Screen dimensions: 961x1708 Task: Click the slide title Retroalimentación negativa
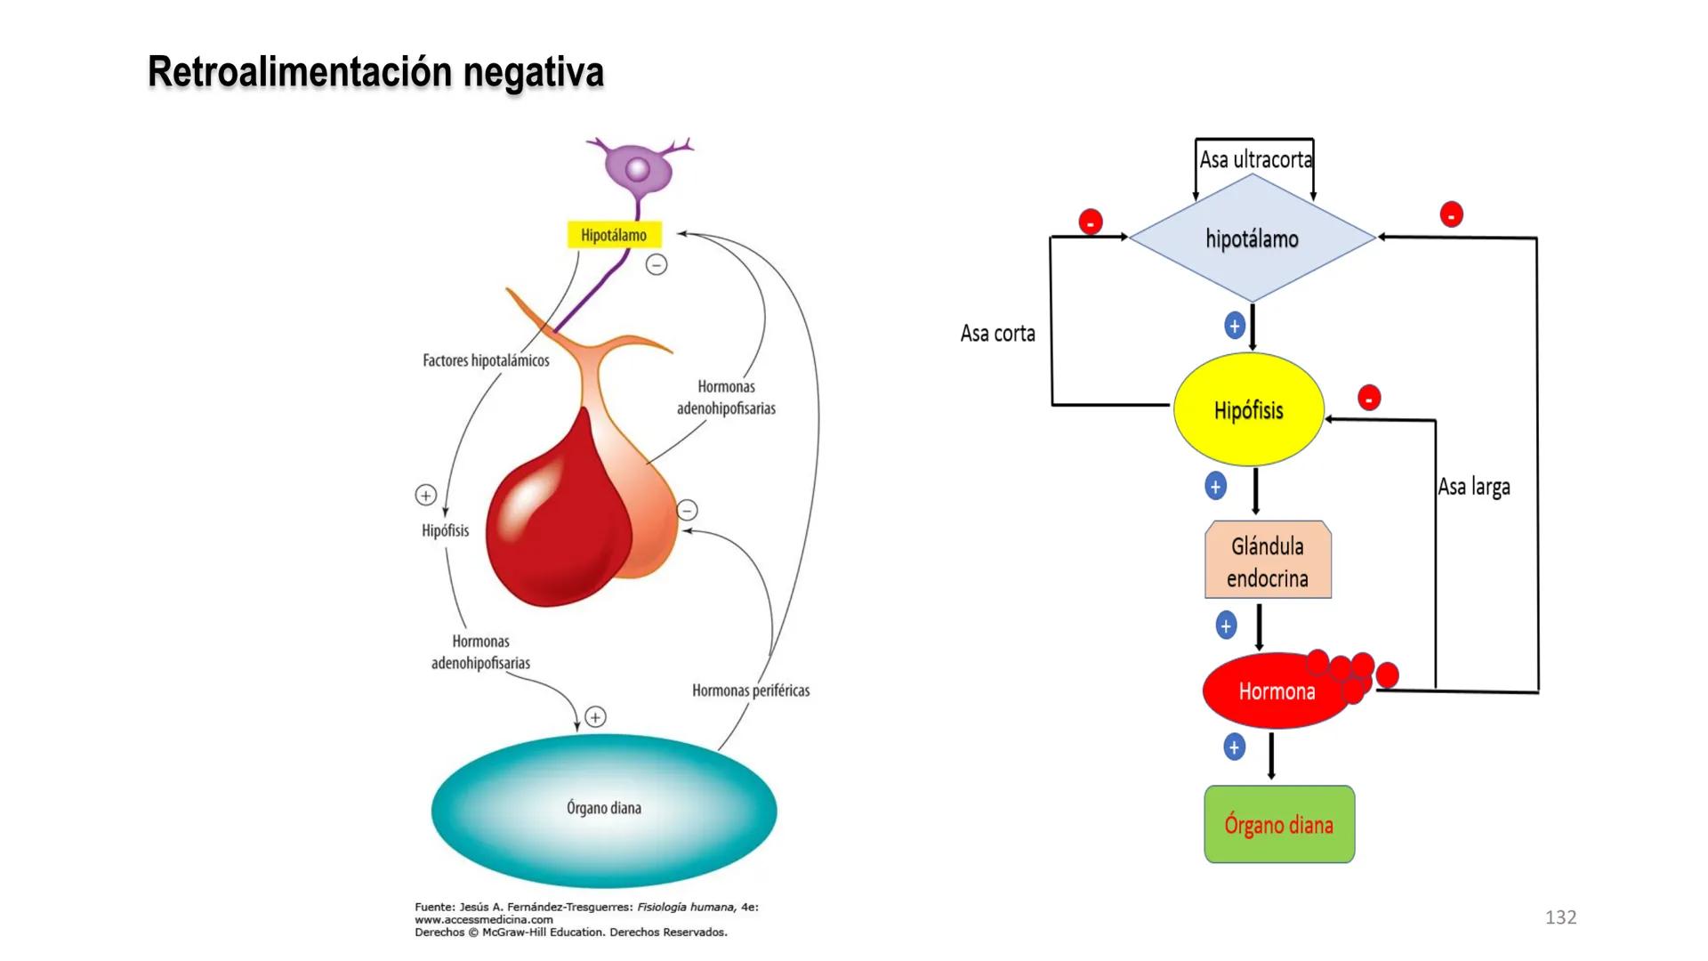[375, 72]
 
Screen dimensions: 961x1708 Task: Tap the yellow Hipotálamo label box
[614, 235]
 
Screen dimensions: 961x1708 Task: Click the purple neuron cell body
[638, 169]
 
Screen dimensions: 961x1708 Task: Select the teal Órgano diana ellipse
[604, 809]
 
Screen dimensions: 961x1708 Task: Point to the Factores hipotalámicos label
[486, 360]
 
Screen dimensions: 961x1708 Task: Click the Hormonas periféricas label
[751, 690]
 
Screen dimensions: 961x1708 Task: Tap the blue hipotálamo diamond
[1252, 238]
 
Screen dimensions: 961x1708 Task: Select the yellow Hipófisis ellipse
[1248, 410]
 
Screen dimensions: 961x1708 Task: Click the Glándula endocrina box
[1268, 561]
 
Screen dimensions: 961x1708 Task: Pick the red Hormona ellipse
[1276, 691]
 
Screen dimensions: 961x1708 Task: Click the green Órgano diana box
[1278, 825]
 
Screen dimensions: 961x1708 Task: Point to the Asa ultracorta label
[1254, 159]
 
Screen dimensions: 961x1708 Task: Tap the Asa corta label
[997, 334]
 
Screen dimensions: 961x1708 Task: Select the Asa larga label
[1474, 487]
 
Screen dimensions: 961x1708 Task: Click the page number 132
[1560, 917]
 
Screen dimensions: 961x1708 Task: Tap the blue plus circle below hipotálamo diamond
[1234, 326]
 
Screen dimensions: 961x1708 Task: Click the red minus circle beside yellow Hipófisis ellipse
[1369, 398]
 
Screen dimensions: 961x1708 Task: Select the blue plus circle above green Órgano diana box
[1234, 747]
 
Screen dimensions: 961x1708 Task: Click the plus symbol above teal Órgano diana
[596, 716]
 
